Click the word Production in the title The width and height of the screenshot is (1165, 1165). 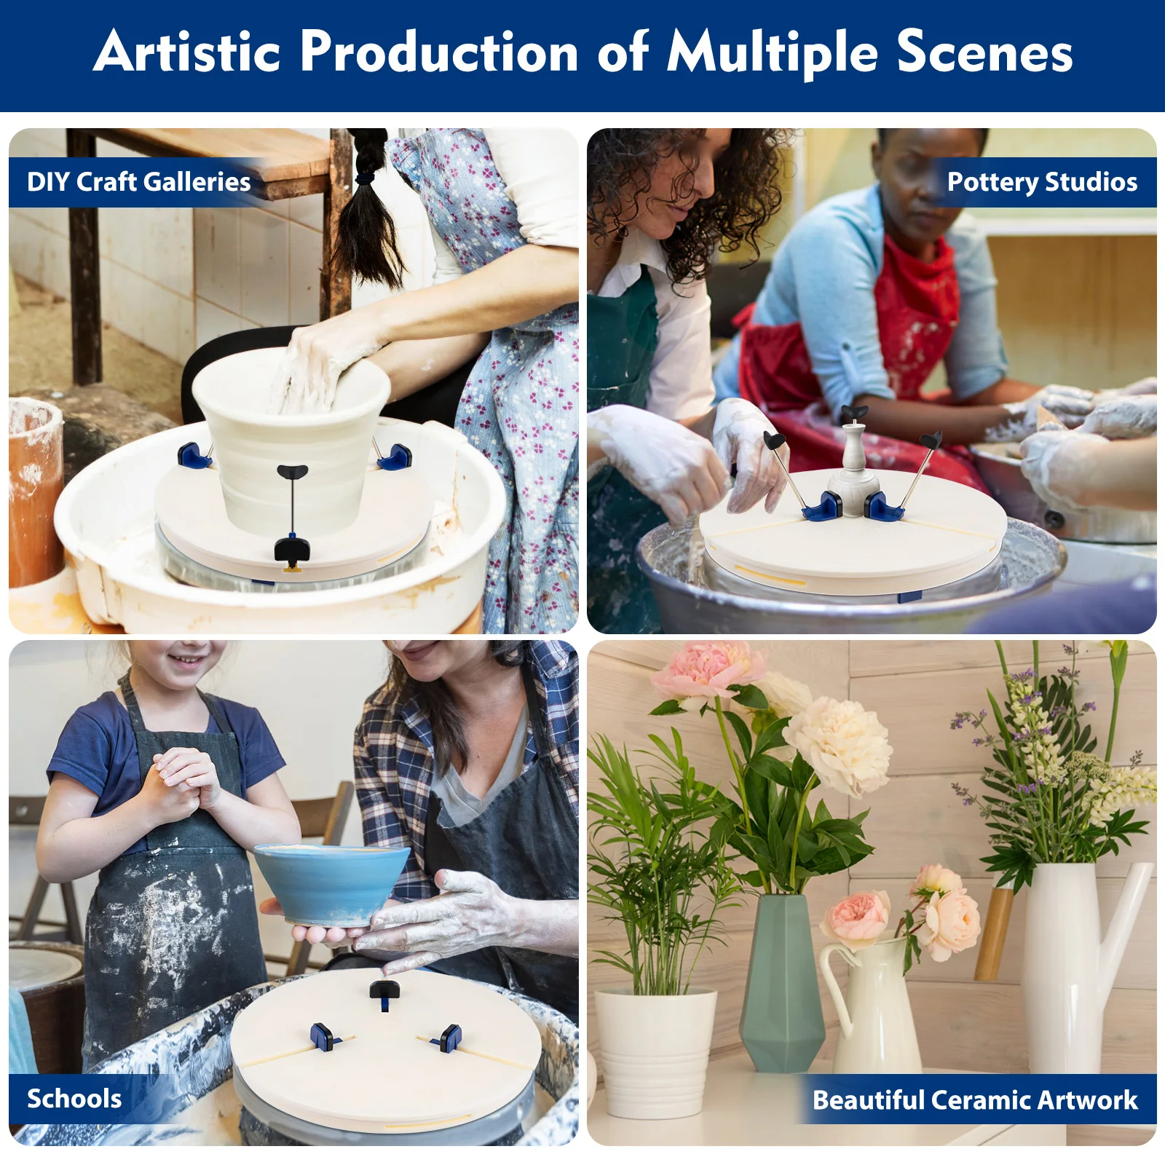(x=439, y=52)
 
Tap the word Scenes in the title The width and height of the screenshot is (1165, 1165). (x=984, y=52)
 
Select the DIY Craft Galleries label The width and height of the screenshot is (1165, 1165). (x=138, y=181)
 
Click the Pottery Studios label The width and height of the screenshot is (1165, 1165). (x=1042, y=181)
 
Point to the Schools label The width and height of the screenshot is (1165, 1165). (x=74, y=1099)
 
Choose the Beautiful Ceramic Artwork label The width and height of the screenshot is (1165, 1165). (x=975, y=1099)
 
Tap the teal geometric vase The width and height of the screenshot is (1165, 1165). (x=781, y=982)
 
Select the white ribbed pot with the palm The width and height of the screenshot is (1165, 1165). (x=655, y=1051)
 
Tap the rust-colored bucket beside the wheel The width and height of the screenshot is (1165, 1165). (x=33, y=492)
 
